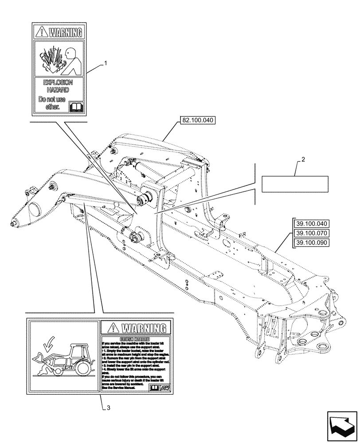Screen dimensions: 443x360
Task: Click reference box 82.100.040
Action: pos(197,120)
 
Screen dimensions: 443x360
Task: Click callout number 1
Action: pos(106,64)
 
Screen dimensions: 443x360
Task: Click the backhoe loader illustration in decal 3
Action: pos(64,359)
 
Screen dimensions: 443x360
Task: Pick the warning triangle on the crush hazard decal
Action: pos(112,328)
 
